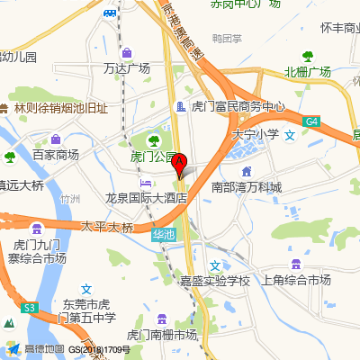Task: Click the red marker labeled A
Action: tap(179, 165)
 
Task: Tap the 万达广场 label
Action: tap(126, 67)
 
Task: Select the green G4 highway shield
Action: tap(311, 121)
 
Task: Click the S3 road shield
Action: tap(30, 308)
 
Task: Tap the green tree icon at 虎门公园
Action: tap(154, 140)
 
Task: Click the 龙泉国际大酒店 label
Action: tap(146, 197)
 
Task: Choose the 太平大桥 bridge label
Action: tap(106, 226)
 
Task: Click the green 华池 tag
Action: tap(162, 235)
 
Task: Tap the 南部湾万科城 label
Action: tap(246, 187)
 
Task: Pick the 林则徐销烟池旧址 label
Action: tap(60, 108)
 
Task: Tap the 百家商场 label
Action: tap(56, 155)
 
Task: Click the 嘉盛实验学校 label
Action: tap(214, 280)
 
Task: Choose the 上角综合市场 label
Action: tap(295, 280)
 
